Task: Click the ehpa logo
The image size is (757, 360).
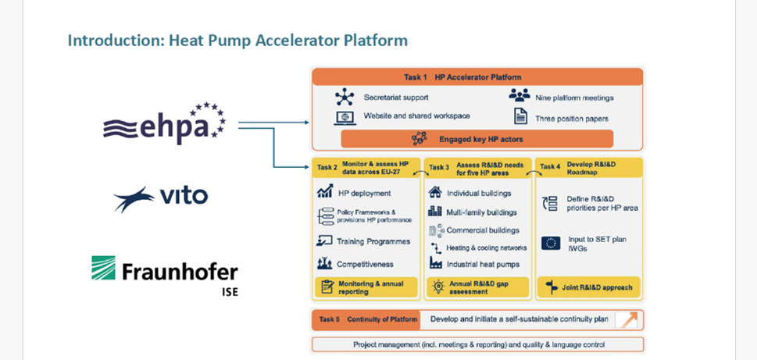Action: pos(164,123)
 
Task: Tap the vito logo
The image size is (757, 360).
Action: pos(161,198)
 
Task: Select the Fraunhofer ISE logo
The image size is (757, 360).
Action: pos(165,276)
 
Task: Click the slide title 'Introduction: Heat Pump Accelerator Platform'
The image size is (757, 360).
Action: pos(237,41)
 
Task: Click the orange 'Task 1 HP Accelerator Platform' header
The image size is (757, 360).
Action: pos(477,77)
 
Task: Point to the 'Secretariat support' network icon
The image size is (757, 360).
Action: pos(345,97)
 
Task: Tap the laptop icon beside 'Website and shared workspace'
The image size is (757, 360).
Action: pos(345,118)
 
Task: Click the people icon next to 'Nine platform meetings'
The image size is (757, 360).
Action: pos(519,95)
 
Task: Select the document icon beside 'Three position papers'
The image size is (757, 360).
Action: pos(520,116)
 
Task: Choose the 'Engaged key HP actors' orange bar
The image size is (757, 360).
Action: pos(477,139)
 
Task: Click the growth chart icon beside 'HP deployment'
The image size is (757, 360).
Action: pos(325,191)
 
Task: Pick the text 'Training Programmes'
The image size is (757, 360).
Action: pos(373,241)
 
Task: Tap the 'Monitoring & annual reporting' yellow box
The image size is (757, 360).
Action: pos(366,287)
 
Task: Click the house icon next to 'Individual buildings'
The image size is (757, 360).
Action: pos(435,192)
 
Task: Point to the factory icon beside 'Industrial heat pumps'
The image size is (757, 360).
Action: pos(436,263)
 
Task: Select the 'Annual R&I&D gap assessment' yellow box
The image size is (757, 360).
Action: pos(474,287)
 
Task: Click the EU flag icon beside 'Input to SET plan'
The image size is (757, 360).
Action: pos(551,243)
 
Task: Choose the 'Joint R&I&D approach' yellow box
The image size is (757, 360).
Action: pos(588,287)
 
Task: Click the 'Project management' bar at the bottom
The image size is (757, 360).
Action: pos(478,344)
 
